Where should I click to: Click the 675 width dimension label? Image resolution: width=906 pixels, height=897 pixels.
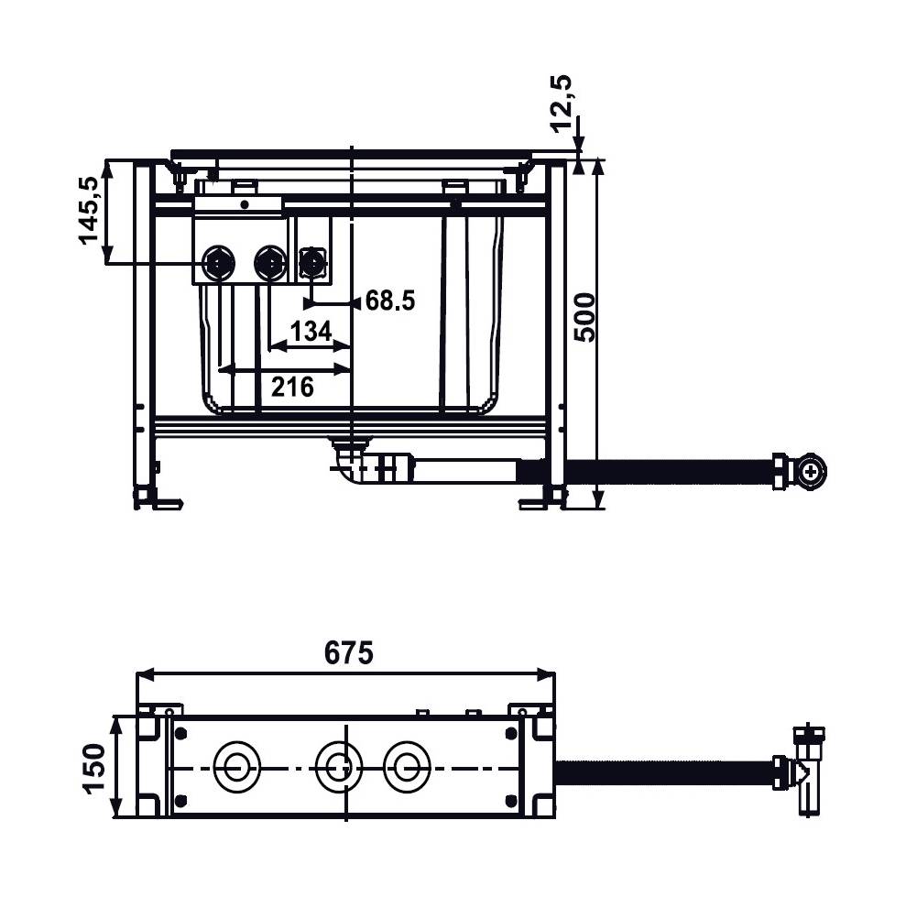click(348, 653)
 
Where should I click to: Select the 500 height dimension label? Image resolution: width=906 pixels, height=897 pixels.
click(584, 318)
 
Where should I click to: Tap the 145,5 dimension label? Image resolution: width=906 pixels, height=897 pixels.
click(90, 211)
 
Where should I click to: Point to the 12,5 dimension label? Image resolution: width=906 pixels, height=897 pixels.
click(561, 104)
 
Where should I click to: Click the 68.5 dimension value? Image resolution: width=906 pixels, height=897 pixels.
click(390, 301)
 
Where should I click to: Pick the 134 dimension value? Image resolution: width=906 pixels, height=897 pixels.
click(311, 331)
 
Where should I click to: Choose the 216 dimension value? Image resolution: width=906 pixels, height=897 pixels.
click(292, 387)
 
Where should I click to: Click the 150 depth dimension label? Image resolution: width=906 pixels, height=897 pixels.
click(93, 768)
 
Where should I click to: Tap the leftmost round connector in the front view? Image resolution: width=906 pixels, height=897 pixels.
click(218, 262)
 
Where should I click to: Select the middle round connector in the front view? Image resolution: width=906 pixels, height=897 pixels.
click(270, 262)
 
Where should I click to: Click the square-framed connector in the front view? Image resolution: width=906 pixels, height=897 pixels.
click(312, 264)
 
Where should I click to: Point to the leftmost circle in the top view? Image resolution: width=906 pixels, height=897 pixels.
click(236, 766)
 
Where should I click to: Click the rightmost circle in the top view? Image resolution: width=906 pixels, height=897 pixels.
click(407, 766)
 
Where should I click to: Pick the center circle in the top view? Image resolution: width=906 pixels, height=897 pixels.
click(339, 766)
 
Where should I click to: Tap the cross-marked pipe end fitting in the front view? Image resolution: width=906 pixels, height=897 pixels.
click(811, 472)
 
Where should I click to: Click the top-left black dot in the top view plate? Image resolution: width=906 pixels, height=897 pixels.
click(181, 734)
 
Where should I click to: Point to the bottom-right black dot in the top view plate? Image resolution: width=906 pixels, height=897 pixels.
click(511, 801)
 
